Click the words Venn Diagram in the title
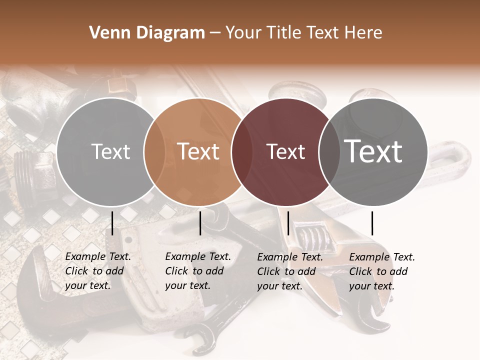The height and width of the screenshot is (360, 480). (147, 33)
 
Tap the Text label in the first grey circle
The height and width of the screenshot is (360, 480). (111, 151)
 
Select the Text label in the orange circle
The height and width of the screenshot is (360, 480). (198, 151)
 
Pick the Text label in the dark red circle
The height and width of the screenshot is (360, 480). (286, 151)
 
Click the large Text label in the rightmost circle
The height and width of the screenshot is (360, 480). (373, 151)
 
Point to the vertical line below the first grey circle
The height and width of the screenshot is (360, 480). (112, 223)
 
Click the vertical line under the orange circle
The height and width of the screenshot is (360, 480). (200, 223)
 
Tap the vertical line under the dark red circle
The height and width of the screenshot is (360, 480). (288, 223)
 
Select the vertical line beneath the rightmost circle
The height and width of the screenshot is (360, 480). (372, 223)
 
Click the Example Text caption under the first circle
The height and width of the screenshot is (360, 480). (98, 271)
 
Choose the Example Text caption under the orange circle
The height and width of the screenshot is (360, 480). (198, 271)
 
